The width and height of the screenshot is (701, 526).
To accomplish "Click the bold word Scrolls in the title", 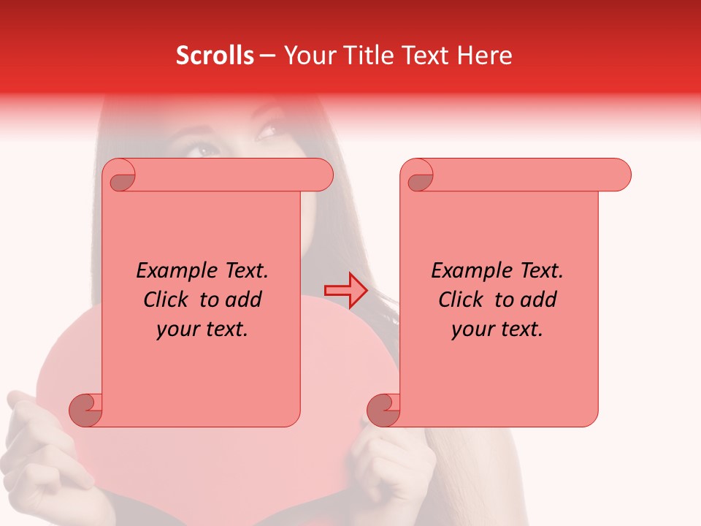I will point(215,56).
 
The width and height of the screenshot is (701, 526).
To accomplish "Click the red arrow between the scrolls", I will point(345,291).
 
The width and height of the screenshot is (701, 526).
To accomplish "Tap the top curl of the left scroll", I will point(121,175).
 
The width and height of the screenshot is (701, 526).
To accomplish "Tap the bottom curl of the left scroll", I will point(86,410).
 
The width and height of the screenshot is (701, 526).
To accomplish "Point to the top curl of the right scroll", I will point(419,175).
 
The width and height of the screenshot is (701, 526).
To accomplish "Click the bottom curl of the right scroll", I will point(384,410).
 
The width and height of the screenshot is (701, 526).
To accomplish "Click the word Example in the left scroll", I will point(173,271).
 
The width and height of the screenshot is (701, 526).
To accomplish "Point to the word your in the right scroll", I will point(470,329).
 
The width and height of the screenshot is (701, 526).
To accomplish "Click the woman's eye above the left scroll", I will point(206,150).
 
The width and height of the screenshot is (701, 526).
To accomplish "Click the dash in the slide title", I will point(267,56).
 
